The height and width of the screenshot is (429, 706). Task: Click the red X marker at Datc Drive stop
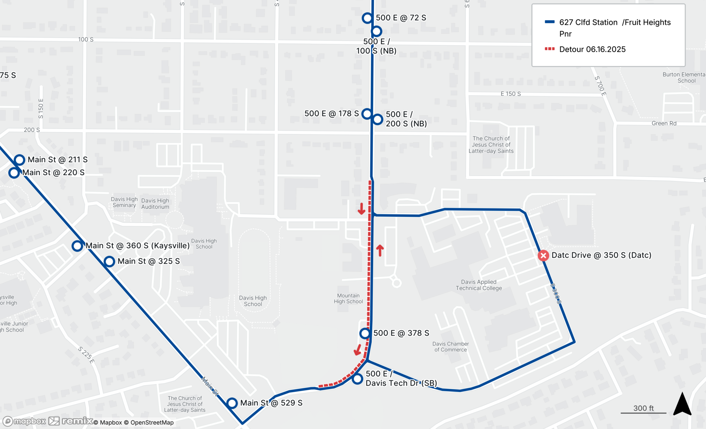(543, 255)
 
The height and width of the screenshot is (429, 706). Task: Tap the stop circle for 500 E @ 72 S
(367, 18)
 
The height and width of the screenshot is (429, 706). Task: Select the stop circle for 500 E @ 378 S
(365, 333)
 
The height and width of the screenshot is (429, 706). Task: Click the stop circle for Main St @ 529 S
(232, 403)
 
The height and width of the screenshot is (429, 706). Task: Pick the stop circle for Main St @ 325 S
(109, 261)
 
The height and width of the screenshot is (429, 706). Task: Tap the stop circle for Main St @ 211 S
(19, 160)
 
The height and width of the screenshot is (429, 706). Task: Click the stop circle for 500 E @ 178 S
(367, 114)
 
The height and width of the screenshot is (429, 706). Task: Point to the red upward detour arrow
(380, 250)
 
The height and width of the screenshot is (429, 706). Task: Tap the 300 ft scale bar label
(643, 408)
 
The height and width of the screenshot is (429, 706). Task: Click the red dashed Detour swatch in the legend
(550, 49)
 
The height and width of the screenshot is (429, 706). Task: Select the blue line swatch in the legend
(550, 22)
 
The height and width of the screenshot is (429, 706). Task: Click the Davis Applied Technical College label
(479, 285)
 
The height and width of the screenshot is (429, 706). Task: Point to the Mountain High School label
(348, 298)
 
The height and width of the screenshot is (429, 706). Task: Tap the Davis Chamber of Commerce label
(450, 347)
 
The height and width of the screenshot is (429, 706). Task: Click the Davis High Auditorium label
(155, 204)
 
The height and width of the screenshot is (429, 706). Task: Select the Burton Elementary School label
(684, 78)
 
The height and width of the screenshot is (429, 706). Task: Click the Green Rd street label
(664, 123)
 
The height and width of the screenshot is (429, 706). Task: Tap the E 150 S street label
(510, 94)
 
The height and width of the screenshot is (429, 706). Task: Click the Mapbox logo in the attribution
(25, 421)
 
